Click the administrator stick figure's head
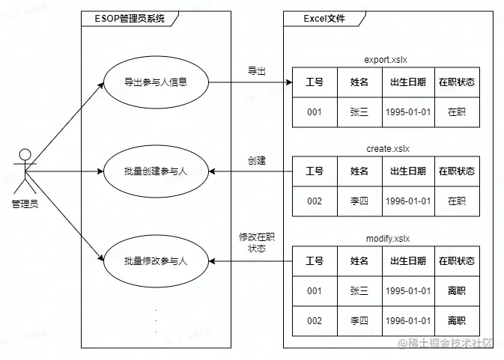(25, 154)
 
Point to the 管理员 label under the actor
(25, 204)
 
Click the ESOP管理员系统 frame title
(130, 18)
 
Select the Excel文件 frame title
(324, 18)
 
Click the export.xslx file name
(386, 60)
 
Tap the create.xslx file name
(388, 149)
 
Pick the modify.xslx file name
(388, 239)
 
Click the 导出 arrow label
(257, 71)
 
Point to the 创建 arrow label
(257, 160)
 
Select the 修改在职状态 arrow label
(257, 242)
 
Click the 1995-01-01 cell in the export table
(408, 112)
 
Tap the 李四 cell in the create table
(359, 201)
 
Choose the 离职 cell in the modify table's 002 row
(457, 321)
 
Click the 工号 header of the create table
(315, 171)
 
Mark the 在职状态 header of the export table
(457, 82)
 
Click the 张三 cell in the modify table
(359, 291)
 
